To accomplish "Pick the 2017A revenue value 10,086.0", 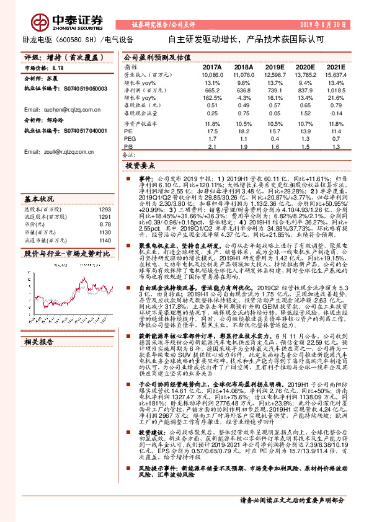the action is click(x=212, y=74).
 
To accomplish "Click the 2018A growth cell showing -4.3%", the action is click(x=244, y=98).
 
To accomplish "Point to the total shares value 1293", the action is click(x=105, y=210).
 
